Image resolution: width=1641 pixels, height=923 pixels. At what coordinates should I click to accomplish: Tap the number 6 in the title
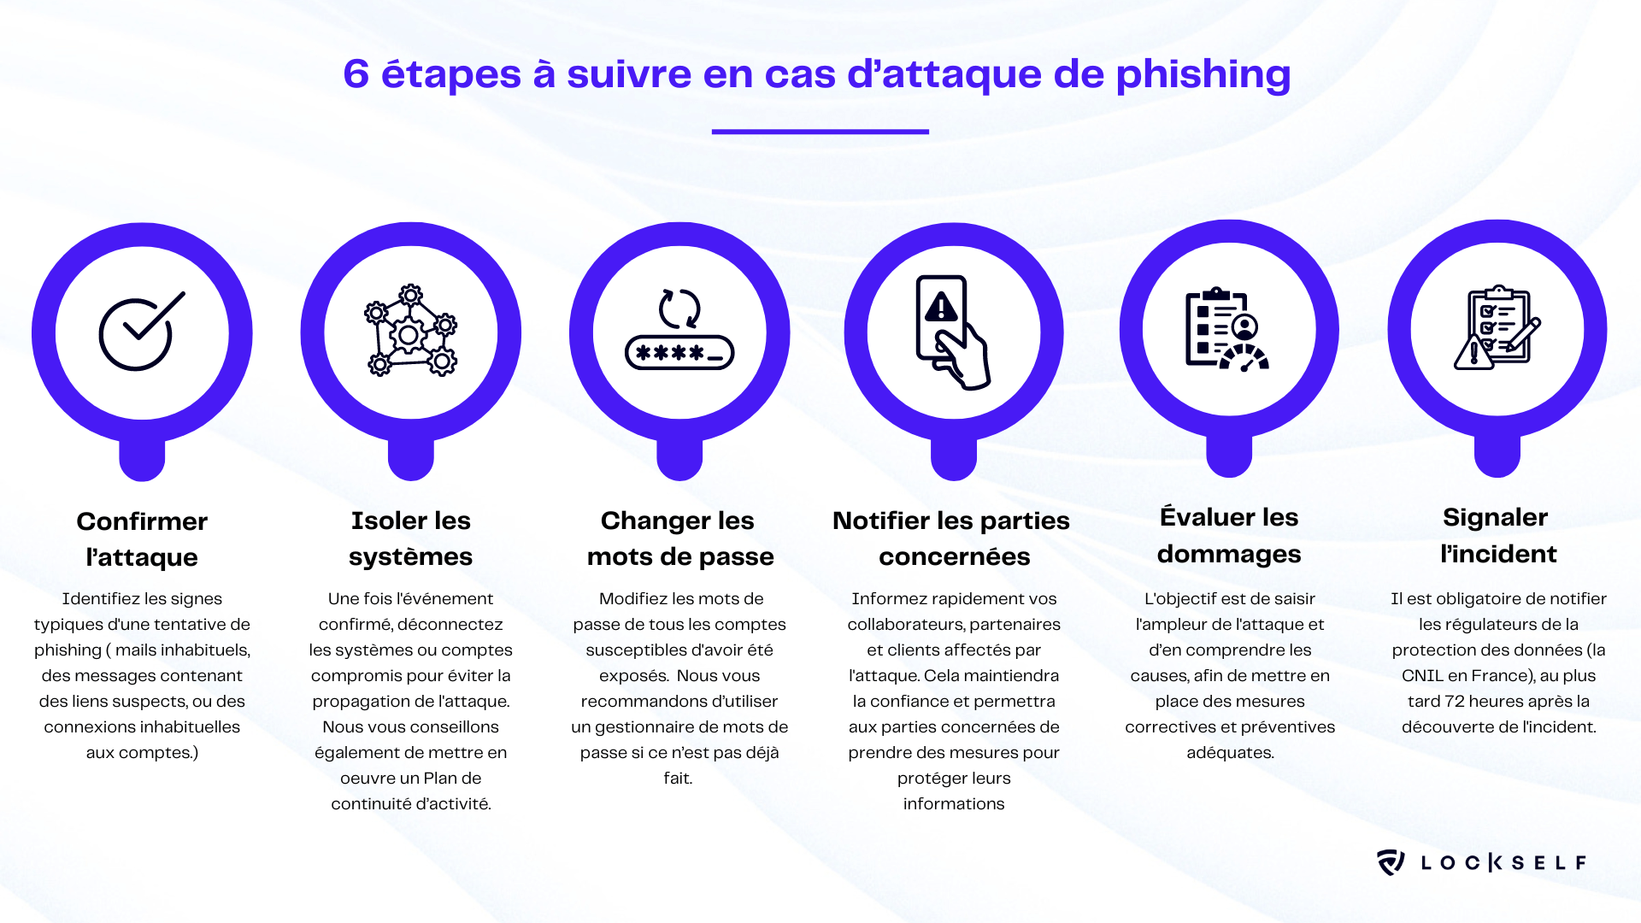tap(356, 74)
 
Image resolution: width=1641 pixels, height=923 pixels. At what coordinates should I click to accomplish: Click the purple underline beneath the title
tap(820, 132)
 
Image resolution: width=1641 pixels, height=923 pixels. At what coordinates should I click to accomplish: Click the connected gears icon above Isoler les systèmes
tap(410, 331)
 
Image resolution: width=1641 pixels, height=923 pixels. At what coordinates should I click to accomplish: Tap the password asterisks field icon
tap(679, 352)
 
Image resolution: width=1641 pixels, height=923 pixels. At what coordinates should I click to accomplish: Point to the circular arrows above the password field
tap(679, 309)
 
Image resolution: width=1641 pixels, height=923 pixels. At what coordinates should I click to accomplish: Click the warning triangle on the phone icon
tap(941, 307)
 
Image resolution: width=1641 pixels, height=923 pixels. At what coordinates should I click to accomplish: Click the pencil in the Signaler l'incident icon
tap(1525, 335)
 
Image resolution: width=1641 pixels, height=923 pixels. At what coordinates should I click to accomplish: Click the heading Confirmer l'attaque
tap(142, 538)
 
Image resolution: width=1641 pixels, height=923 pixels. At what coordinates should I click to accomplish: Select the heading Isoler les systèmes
tap(410, 538)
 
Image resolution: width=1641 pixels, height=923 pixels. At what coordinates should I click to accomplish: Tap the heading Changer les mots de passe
tap(679, 538)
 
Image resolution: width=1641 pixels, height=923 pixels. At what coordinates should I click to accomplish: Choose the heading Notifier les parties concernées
tap(952, 538)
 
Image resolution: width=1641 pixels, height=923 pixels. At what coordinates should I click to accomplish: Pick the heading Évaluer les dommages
tap(1229, 535)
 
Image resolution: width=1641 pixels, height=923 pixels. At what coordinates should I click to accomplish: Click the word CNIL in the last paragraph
tap(1422, 676)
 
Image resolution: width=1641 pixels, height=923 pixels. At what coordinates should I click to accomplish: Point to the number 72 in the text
tap(1454, 702)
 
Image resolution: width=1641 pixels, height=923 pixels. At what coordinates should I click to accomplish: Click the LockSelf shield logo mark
tap(1391, 861)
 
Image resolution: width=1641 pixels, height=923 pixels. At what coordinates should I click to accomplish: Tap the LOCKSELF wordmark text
tap(1503, 862)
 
